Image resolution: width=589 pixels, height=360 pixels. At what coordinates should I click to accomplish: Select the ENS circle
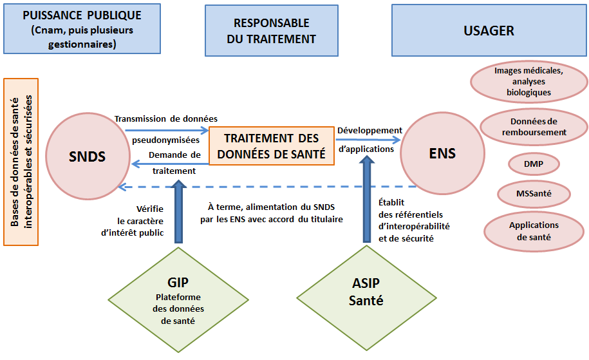pyautogui.click(x=442, y=153)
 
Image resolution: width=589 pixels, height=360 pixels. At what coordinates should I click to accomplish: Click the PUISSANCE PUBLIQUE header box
pyautogui.click(x=81, y=30)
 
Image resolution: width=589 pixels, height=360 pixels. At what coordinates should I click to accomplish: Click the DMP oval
pyautogui.click(x=534, y=164)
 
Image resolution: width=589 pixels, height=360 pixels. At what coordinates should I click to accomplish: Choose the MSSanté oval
pyautogui.click(x=534, y=192)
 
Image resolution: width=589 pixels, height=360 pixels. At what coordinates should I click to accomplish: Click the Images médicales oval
pyautogui.click(x=529, y=82)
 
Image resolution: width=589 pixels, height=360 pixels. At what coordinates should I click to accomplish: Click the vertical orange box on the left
pyautogui.click(x=21, y=162)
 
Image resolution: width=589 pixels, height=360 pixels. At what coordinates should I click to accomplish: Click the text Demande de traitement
pyautogui.click(x=174, y=162)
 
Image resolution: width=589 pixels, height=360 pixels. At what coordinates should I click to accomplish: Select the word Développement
pyautogui.click(x=369, y=130)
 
